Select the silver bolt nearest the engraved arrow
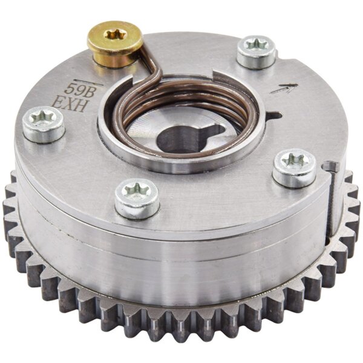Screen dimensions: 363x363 tap(256, 51)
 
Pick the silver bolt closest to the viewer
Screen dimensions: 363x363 tap(137, 197)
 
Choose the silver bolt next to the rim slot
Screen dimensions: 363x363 tap(294, 168)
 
